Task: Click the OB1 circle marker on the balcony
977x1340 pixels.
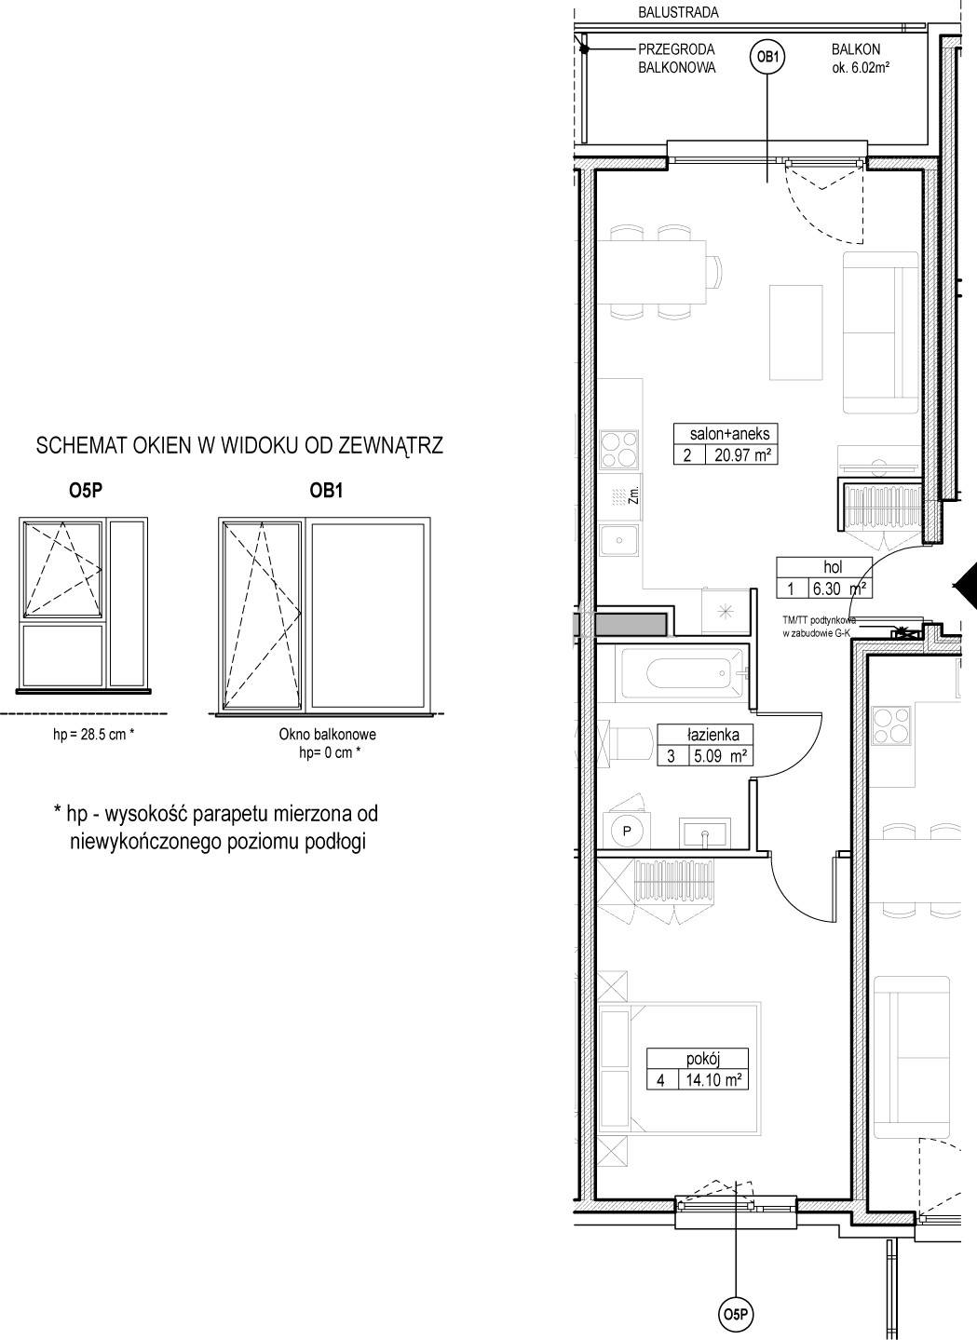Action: [767, 57]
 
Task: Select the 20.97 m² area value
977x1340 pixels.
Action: [742, 454]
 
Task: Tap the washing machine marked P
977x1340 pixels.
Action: [627, 831]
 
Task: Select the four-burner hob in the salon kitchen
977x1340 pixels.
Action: [620, 449]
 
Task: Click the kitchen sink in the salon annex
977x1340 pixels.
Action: [620, 541]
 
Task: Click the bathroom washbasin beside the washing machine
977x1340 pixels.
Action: [705, 832]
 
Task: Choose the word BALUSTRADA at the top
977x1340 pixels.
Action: [678, 12]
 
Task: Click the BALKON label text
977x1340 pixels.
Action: [856, 50]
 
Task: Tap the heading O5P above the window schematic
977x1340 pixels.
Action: [85, 491]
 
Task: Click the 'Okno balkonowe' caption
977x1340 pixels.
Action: [327, 734]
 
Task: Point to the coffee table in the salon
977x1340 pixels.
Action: [795, 332]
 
